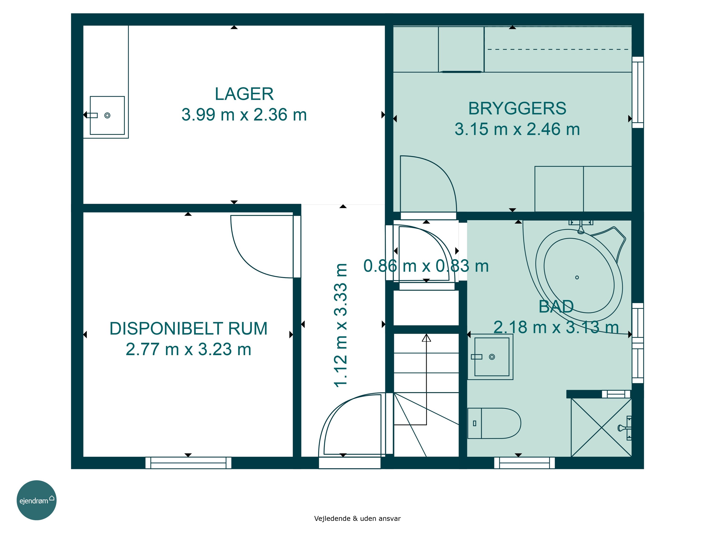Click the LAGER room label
(x=244, y=94)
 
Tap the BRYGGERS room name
(x=517, y=108)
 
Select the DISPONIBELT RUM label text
(x=189, y=329)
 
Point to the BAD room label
(x=556, y=306)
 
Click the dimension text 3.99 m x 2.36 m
(x=244, y=115)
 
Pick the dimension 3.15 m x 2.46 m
(x=517, y=129)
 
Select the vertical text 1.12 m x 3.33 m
(x=340, y=325)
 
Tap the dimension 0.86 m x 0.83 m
(x=426, y=266)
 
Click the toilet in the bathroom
(x=494, y=423)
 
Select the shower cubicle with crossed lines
(x=601, y=427)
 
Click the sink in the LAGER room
(x=107, y=115)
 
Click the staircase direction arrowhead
(x=426, y=338)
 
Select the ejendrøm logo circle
(x=36, y=500)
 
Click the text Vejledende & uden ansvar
(x=357, y=518)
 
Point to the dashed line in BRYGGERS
(x=558, y=50)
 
